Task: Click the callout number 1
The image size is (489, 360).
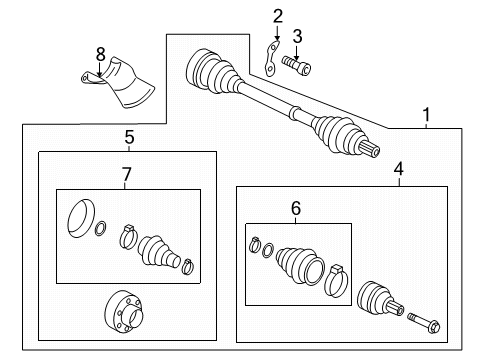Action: pyautogui.click(x=426, y=115)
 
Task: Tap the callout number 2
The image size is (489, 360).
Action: pyautogui.click(x=278, y=17)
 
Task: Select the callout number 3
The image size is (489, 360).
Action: pyautogui.click(x=297, y=36)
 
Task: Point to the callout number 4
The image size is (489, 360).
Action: pyautogui.click(x=399, y=169)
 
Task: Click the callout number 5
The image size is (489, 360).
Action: pyautogui.click(x=129, y=137)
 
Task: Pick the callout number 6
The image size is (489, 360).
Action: pyautogui.click(x=296, y=208)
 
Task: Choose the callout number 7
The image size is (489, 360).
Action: pyautogui.click(x=127, y=174)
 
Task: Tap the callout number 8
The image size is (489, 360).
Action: pyautogui.click(x=100, y=54)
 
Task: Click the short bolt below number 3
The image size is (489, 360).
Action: pyautogui.click(x=296, y=66)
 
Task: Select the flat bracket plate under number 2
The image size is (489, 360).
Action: pyautogui.click(x=272, y=59)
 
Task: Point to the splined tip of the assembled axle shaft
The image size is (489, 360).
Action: pyautogui.click(x=370, y=148)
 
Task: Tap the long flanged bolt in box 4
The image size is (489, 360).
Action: pyautogui.click(x=423, y=323)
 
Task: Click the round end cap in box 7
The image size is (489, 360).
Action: pyautogui.click(x=81, y=219)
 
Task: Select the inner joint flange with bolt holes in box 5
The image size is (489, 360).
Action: pyautogui.click(x=124, y=312)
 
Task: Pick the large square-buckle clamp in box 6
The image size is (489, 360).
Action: pyautogui.click(x=336, y=281)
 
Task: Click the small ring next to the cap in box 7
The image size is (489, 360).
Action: pyautogui.click(x=101, y=228)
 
